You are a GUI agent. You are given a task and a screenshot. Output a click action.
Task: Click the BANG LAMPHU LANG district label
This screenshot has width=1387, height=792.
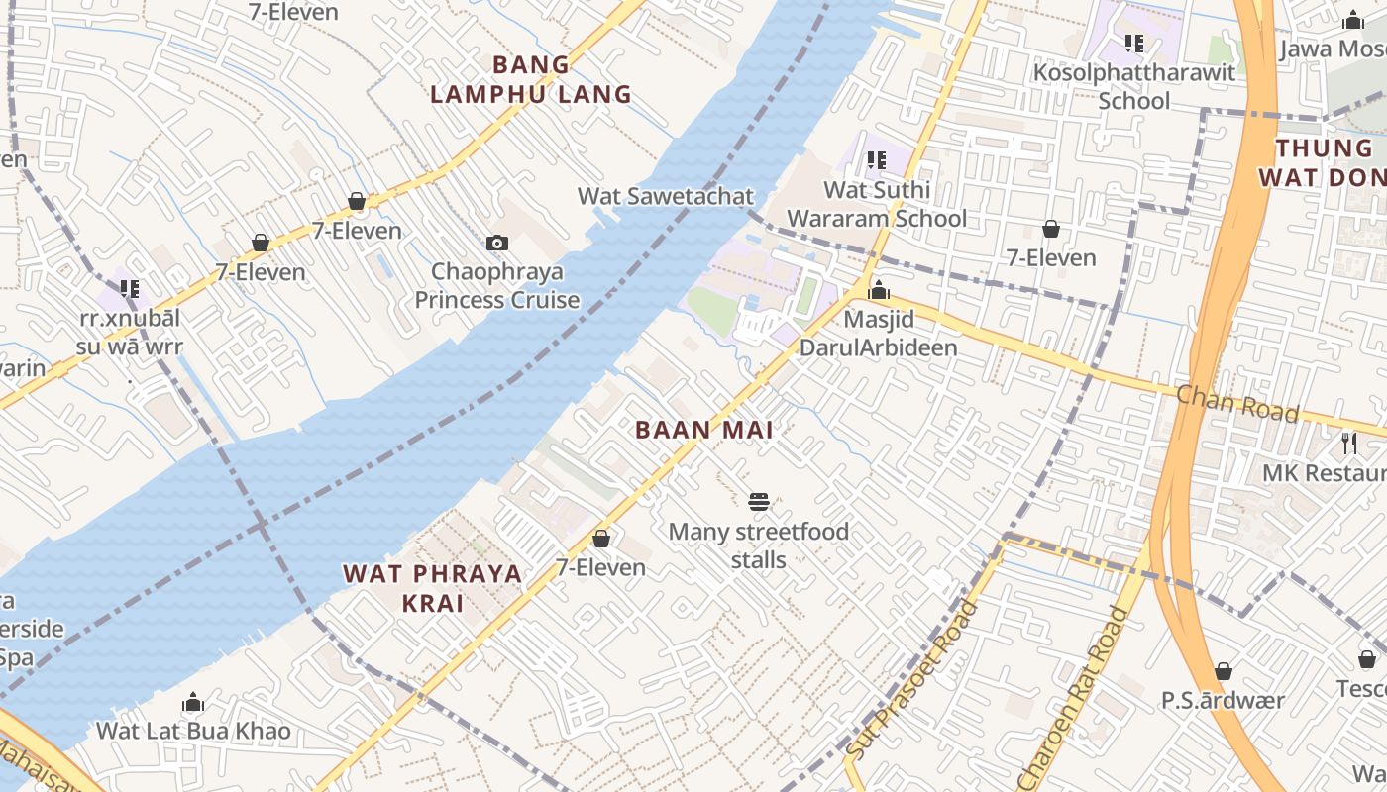(x=531, y=80)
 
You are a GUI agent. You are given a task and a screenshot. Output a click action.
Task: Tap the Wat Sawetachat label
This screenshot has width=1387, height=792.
(x=666, y=196)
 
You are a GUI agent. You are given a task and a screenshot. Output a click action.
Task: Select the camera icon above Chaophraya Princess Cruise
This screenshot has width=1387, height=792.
(x=497, y=243)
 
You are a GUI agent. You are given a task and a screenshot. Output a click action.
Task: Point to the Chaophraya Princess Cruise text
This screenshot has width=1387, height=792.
(x=497, y=285)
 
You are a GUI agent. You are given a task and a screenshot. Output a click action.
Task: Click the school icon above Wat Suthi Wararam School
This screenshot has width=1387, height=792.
(x=877, y=159)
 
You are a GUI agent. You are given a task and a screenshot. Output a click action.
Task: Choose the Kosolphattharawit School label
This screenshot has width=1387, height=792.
(x=1134, y=86)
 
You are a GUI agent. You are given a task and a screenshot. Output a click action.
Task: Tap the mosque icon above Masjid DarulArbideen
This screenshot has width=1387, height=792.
(x=878, y=290)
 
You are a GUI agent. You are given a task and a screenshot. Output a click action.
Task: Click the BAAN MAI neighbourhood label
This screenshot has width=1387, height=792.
(x=704, y=430)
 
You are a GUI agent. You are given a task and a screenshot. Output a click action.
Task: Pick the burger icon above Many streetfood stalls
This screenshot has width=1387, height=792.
(x=759, y=502)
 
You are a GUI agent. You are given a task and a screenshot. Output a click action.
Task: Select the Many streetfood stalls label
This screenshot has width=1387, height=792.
(x=759, y=545)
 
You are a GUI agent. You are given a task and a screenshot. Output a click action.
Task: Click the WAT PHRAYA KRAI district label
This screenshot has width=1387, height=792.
(x=433, y=588)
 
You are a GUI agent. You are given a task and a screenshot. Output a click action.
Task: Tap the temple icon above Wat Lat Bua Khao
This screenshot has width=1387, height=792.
(x=193, y=702)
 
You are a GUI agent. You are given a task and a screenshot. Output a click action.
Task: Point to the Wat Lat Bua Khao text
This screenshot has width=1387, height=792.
(x=193, y=732)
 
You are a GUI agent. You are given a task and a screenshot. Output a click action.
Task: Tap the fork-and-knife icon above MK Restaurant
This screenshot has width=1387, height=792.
(x=1349, y=443)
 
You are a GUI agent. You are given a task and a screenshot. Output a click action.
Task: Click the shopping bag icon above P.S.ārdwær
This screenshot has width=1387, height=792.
(x=1224, y=671)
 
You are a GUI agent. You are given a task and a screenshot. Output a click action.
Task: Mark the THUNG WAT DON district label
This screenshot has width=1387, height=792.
(x=1323, y=163)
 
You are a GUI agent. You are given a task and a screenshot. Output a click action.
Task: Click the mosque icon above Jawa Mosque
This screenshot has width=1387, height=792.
(x=1352, y=20)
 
